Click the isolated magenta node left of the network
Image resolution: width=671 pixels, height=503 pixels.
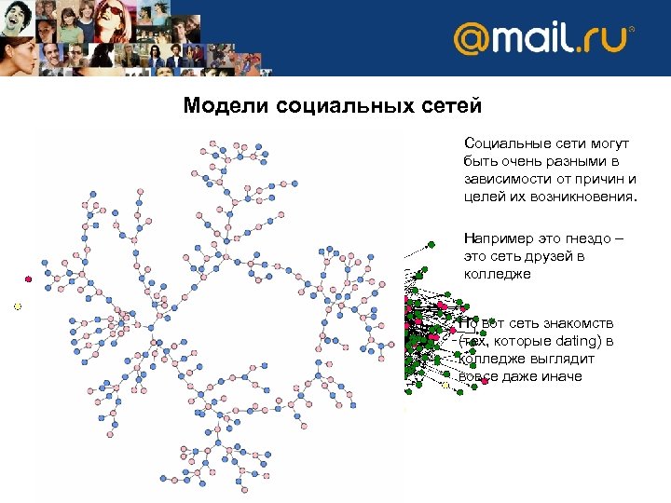[x=29, y=279]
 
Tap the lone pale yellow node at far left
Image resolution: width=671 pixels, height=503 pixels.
[x=17, y=306]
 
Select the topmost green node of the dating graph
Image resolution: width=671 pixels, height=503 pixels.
[x=431, y=244]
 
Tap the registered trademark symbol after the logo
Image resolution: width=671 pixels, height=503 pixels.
[x=632, y=30]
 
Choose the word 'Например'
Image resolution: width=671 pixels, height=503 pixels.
[x=500, y=238]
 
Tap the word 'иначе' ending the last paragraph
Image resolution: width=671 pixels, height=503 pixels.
[x=558, y=376]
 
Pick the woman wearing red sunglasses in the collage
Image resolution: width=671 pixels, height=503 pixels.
[x=112, y=16]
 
